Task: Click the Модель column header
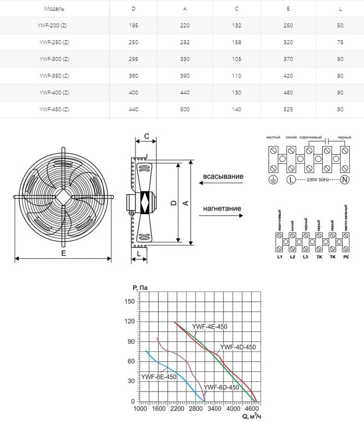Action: tap(54, 9)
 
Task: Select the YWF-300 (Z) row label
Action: tap(54, 59)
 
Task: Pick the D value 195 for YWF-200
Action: tap(133, 25)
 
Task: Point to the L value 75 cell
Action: tap(340, 42)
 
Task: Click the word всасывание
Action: tap(223, 176)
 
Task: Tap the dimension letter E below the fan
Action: tap(63, 254)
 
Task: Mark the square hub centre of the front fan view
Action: tap(63, 197)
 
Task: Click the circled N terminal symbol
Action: tap(344, 180)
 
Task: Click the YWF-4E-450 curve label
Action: tap(209, 326)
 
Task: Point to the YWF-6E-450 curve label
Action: tap(158, 376)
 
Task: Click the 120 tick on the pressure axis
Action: tap(129, 322)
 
